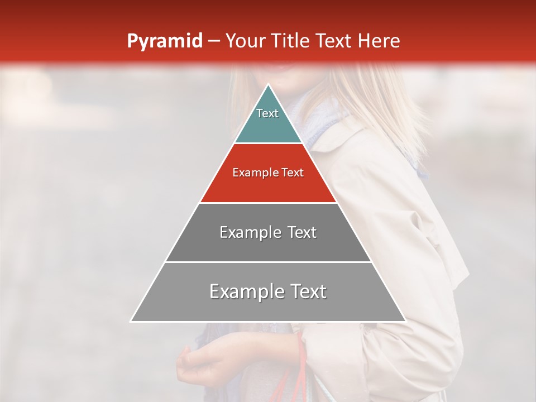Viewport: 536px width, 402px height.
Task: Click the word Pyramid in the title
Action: click(164, 41)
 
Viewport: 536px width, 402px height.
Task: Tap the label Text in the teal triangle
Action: click(267, 113)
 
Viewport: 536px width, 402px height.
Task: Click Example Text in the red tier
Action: click(268, 173)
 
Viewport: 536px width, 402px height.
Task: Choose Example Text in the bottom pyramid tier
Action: click(268, 291)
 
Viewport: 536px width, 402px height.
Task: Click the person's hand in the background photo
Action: click(193, 363)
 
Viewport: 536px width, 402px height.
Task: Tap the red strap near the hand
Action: click(302, 363)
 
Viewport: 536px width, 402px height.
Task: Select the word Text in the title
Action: click(335, 41)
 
